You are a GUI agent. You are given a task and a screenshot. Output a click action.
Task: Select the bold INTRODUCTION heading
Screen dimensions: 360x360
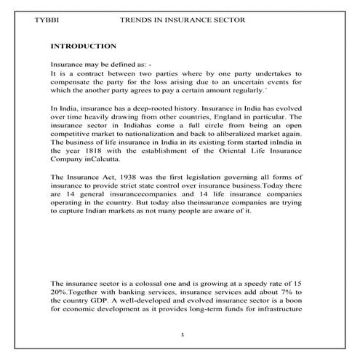tap(84, 45)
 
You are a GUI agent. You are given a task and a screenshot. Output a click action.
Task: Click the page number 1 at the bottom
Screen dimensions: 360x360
tap(185, 335)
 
